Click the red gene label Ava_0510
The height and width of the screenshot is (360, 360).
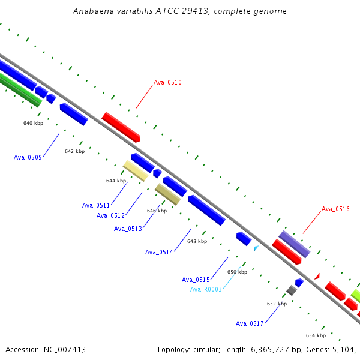click(167, 82)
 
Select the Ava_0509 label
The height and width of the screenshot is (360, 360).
click(28, 157)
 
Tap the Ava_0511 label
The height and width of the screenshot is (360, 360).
click(96, 205)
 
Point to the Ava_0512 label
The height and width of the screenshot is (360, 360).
click(110, 215)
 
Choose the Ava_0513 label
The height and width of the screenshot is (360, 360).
click(128, 229)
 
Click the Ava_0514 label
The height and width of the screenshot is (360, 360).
click(159, 253)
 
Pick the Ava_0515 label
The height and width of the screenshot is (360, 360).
click(196, 280)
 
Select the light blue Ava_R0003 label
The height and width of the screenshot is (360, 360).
click(206, 289)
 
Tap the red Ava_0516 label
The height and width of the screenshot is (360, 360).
click(335, 209)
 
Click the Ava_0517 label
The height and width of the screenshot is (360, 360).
click(250, 323)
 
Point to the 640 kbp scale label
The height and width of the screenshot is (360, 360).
click(33, 123)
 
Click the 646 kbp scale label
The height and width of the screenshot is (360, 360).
click(157, 211)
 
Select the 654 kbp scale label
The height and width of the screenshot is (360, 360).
click(316, 335)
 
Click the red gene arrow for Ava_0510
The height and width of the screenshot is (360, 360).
click(121, 127)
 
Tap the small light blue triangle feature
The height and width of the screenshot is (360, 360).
click(256, 248)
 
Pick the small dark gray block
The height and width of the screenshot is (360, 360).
click(292, 290)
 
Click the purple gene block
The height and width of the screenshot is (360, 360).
click(295, 244)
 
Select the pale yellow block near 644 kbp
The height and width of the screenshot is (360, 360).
click(136, 171)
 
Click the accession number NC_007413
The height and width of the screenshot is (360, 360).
click(65, 350)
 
